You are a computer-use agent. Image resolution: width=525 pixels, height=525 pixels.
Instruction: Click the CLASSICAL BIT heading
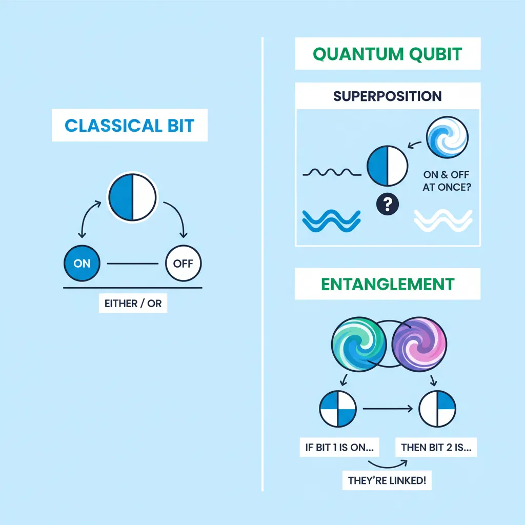click(130, 125)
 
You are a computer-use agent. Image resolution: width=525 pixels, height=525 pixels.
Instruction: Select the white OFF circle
click(184, 264)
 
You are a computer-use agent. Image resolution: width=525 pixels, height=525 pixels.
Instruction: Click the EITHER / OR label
click(133, 304)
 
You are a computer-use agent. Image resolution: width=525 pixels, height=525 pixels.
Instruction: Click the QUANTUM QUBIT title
click(387, 54)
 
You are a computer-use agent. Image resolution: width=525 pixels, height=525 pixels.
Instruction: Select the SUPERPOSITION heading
click(387, 96)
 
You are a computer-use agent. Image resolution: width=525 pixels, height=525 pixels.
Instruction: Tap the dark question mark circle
click(388, 205)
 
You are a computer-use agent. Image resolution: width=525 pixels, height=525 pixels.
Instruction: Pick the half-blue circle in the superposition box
click(388, 167)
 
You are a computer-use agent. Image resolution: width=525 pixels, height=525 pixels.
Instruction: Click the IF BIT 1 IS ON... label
click(338, 447)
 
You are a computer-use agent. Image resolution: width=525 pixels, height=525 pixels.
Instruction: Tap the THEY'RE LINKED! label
click(387, 481)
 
